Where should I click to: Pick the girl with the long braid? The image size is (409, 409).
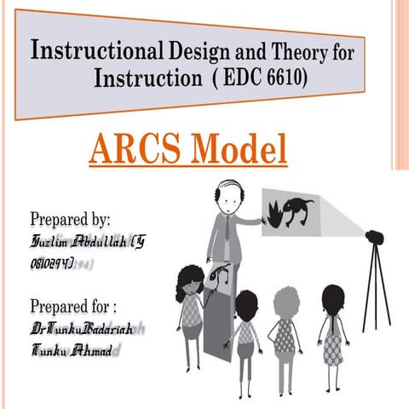click(x=331, y=328)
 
